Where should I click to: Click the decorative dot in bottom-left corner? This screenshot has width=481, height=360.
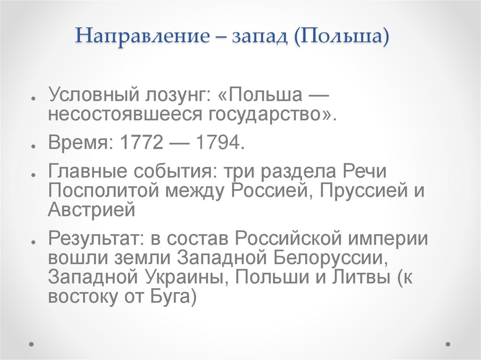tap(31, 344)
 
